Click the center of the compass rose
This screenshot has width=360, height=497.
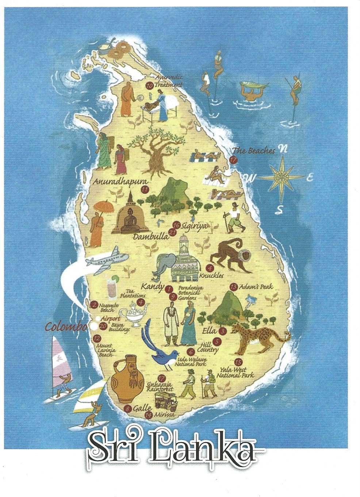pos(281,177)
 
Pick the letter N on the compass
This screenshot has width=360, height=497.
pos(282,149)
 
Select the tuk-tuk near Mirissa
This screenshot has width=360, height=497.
pos(166,402)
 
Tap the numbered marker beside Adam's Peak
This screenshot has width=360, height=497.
pos(234,287)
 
